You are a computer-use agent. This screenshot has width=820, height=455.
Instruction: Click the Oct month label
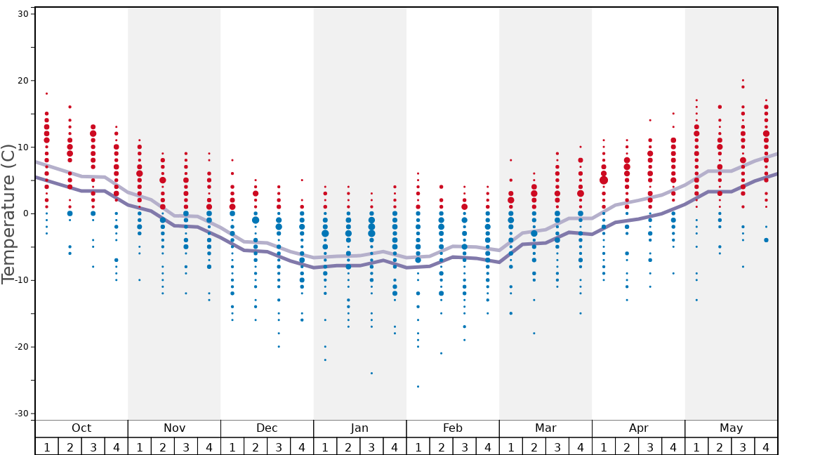click(x=81, y=428)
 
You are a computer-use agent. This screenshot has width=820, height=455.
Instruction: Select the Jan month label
click(x=359, y=428)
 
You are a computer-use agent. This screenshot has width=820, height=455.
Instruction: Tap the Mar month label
click(x=545, y=428)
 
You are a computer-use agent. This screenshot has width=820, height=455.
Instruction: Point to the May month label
click(x=731, y=428)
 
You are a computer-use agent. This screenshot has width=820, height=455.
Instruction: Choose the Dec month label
click(x=267, y=428)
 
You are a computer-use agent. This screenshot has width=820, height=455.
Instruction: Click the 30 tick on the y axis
click(x=22, y=14)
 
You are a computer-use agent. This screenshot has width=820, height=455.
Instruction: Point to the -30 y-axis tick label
click(x=20, y=414)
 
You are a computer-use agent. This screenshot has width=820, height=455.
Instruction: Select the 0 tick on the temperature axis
click(x=25, y=213)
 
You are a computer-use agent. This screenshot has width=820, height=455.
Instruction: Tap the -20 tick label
click(x=20, y=347)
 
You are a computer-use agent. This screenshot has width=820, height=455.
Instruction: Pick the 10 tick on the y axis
click(x=22, y=147)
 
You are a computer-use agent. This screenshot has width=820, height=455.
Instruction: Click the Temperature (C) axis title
click(x=8, y=213)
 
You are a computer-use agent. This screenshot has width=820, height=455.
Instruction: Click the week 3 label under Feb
click(x=464, y=447)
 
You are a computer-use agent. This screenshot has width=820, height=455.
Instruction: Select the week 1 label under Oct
click(x=46, y=447)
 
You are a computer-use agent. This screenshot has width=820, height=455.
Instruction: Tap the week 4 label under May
click(x=766, y=447)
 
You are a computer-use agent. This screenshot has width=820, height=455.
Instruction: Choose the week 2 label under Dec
click(x=256, y=447)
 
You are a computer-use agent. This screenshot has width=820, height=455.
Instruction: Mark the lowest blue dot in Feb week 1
click(x=418, y=386)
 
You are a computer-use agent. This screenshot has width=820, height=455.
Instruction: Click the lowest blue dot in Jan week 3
click(x=371, y=373)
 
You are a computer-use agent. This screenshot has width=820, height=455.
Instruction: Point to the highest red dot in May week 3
click(x=743, y=80)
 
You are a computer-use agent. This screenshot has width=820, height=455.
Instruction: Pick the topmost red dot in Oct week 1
click(x=46, y=93)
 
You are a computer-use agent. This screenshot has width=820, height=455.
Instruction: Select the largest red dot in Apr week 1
click(x=604, y=180)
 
